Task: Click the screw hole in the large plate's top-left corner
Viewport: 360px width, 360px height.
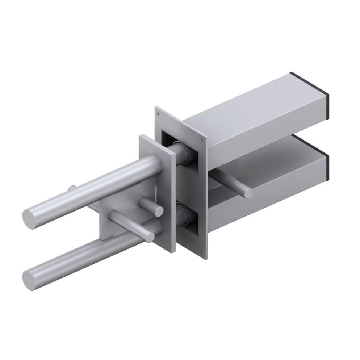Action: coord(158,114)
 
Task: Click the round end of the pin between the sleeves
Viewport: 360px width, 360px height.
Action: coord(248,193)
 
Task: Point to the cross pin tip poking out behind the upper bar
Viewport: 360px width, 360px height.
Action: coord(72,188)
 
